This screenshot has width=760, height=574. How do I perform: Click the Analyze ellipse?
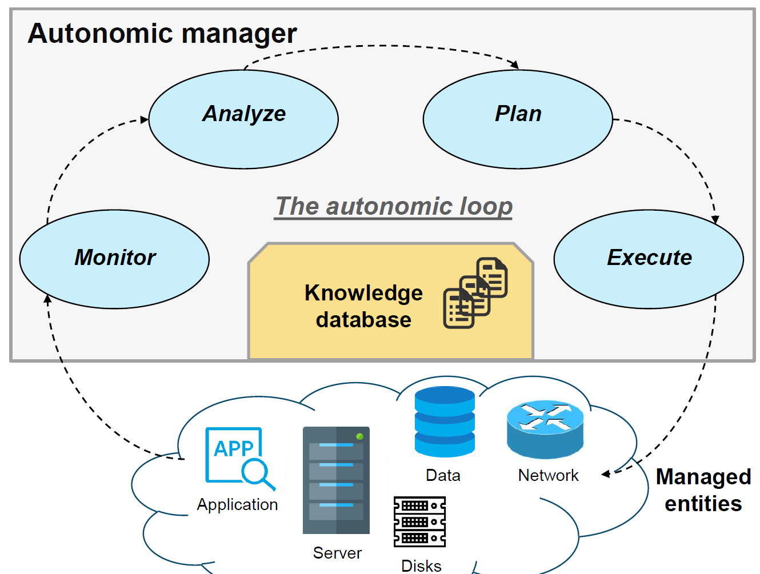[243, 119]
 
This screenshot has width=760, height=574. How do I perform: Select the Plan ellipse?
[518, 119]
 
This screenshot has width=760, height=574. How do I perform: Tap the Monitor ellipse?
[114, 259]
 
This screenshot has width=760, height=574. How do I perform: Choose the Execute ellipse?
[649, 259]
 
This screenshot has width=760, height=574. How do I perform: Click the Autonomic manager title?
[162, 33]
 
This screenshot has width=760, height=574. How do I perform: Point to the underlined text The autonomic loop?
[394, 206]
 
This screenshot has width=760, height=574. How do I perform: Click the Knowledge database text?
[363, 306]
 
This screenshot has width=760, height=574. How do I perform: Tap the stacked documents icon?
[475, 293]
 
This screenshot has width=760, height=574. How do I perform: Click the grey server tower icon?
[336, 480]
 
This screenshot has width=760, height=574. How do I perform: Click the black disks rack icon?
[420, 521]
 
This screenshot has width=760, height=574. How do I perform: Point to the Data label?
[443, 475]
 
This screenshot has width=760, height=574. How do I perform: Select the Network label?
[548, 475]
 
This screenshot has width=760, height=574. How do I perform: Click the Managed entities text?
[703, 490]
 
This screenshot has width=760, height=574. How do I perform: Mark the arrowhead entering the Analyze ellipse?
[145, 120]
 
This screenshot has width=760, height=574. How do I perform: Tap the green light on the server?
[359, 436]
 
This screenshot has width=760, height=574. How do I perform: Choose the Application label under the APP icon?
[237, 504]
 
